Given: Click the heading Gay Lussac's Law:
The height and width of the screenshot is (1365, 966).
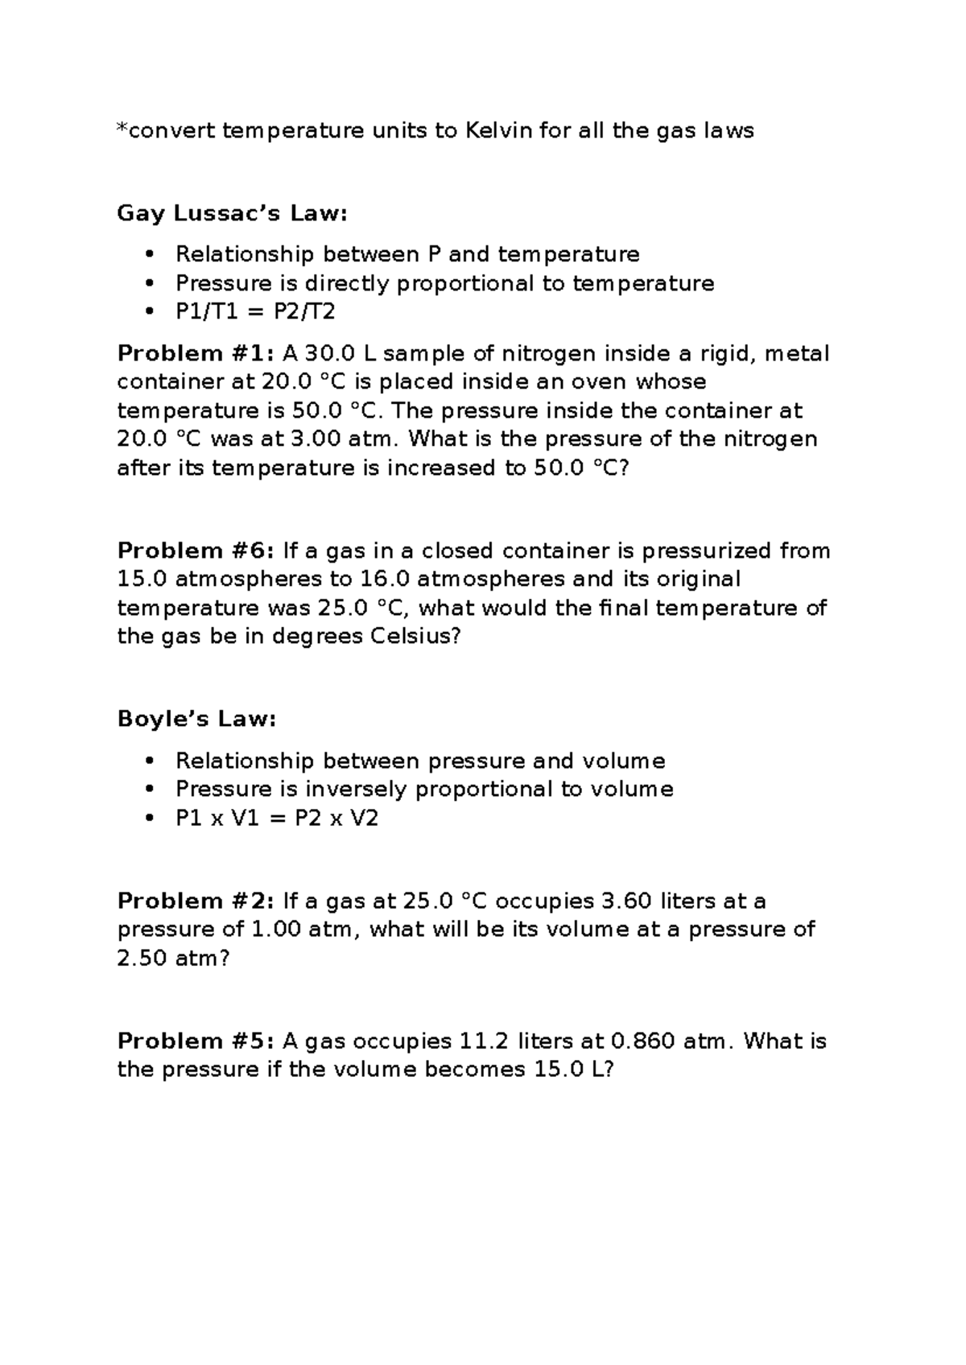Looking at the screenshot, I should click(233, 213).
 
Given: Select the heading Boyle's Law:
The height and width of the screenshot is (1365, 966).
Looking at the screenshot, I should click(196, 719).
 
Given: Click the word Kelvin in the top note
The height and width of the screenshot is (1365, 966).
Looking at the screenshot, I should click(498, 130).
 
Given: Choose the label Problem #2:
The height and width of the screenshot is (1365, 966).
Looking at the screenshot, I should click(196, 901).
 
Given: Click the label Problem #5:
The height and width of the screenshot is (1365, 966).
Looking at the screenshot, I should click(196, 1041).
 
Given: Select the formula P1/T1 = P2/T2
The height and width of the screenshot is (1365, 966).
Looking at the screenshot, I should click(254, 312).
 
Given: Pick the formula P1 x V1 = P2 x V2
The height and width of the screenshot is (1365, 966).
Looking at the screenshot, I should click(276, 819).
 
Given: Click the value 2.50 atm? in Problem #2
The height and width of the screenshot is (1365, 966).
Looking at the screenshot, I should click(173, 959).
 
